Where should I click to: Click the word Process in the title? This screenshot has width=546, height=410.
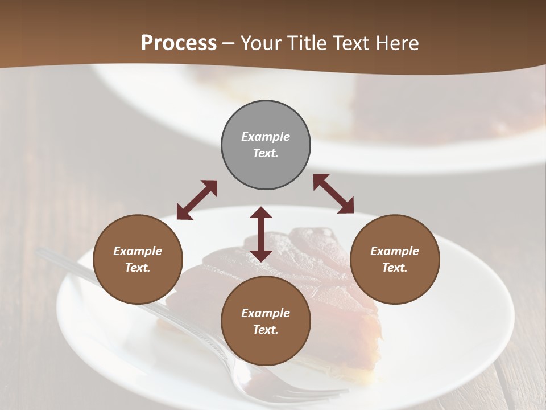tap(179, 43)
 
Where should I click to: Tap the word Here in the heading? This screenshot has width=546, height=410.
tap(398, 43)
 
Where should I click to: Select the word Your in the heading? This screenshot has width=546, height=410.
tap(261, 43)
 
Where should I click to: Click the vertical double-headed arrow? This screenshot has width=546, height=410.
tap(261, 234)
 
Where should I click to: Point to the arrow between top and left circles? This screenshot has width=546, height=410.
tap(197, 200)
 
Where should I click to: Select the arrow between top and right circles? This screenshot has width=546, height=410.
tap(333, 194)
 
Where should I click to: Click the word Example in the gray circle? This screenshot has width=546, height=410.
tap(266, 137)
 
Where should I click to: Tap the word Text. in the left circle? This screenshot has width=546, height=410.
tap(138, 268)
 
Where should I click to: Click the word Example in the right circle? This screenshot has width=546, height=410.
tap(395, 251)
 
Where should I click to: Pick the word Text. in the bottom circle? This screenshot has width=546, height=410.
tap(266, 330)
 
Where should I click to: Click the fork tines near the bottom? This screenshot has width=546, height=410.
tap(318, 393)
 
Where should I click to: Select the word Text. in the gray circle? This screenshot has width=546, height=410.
tap(266, 153)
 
